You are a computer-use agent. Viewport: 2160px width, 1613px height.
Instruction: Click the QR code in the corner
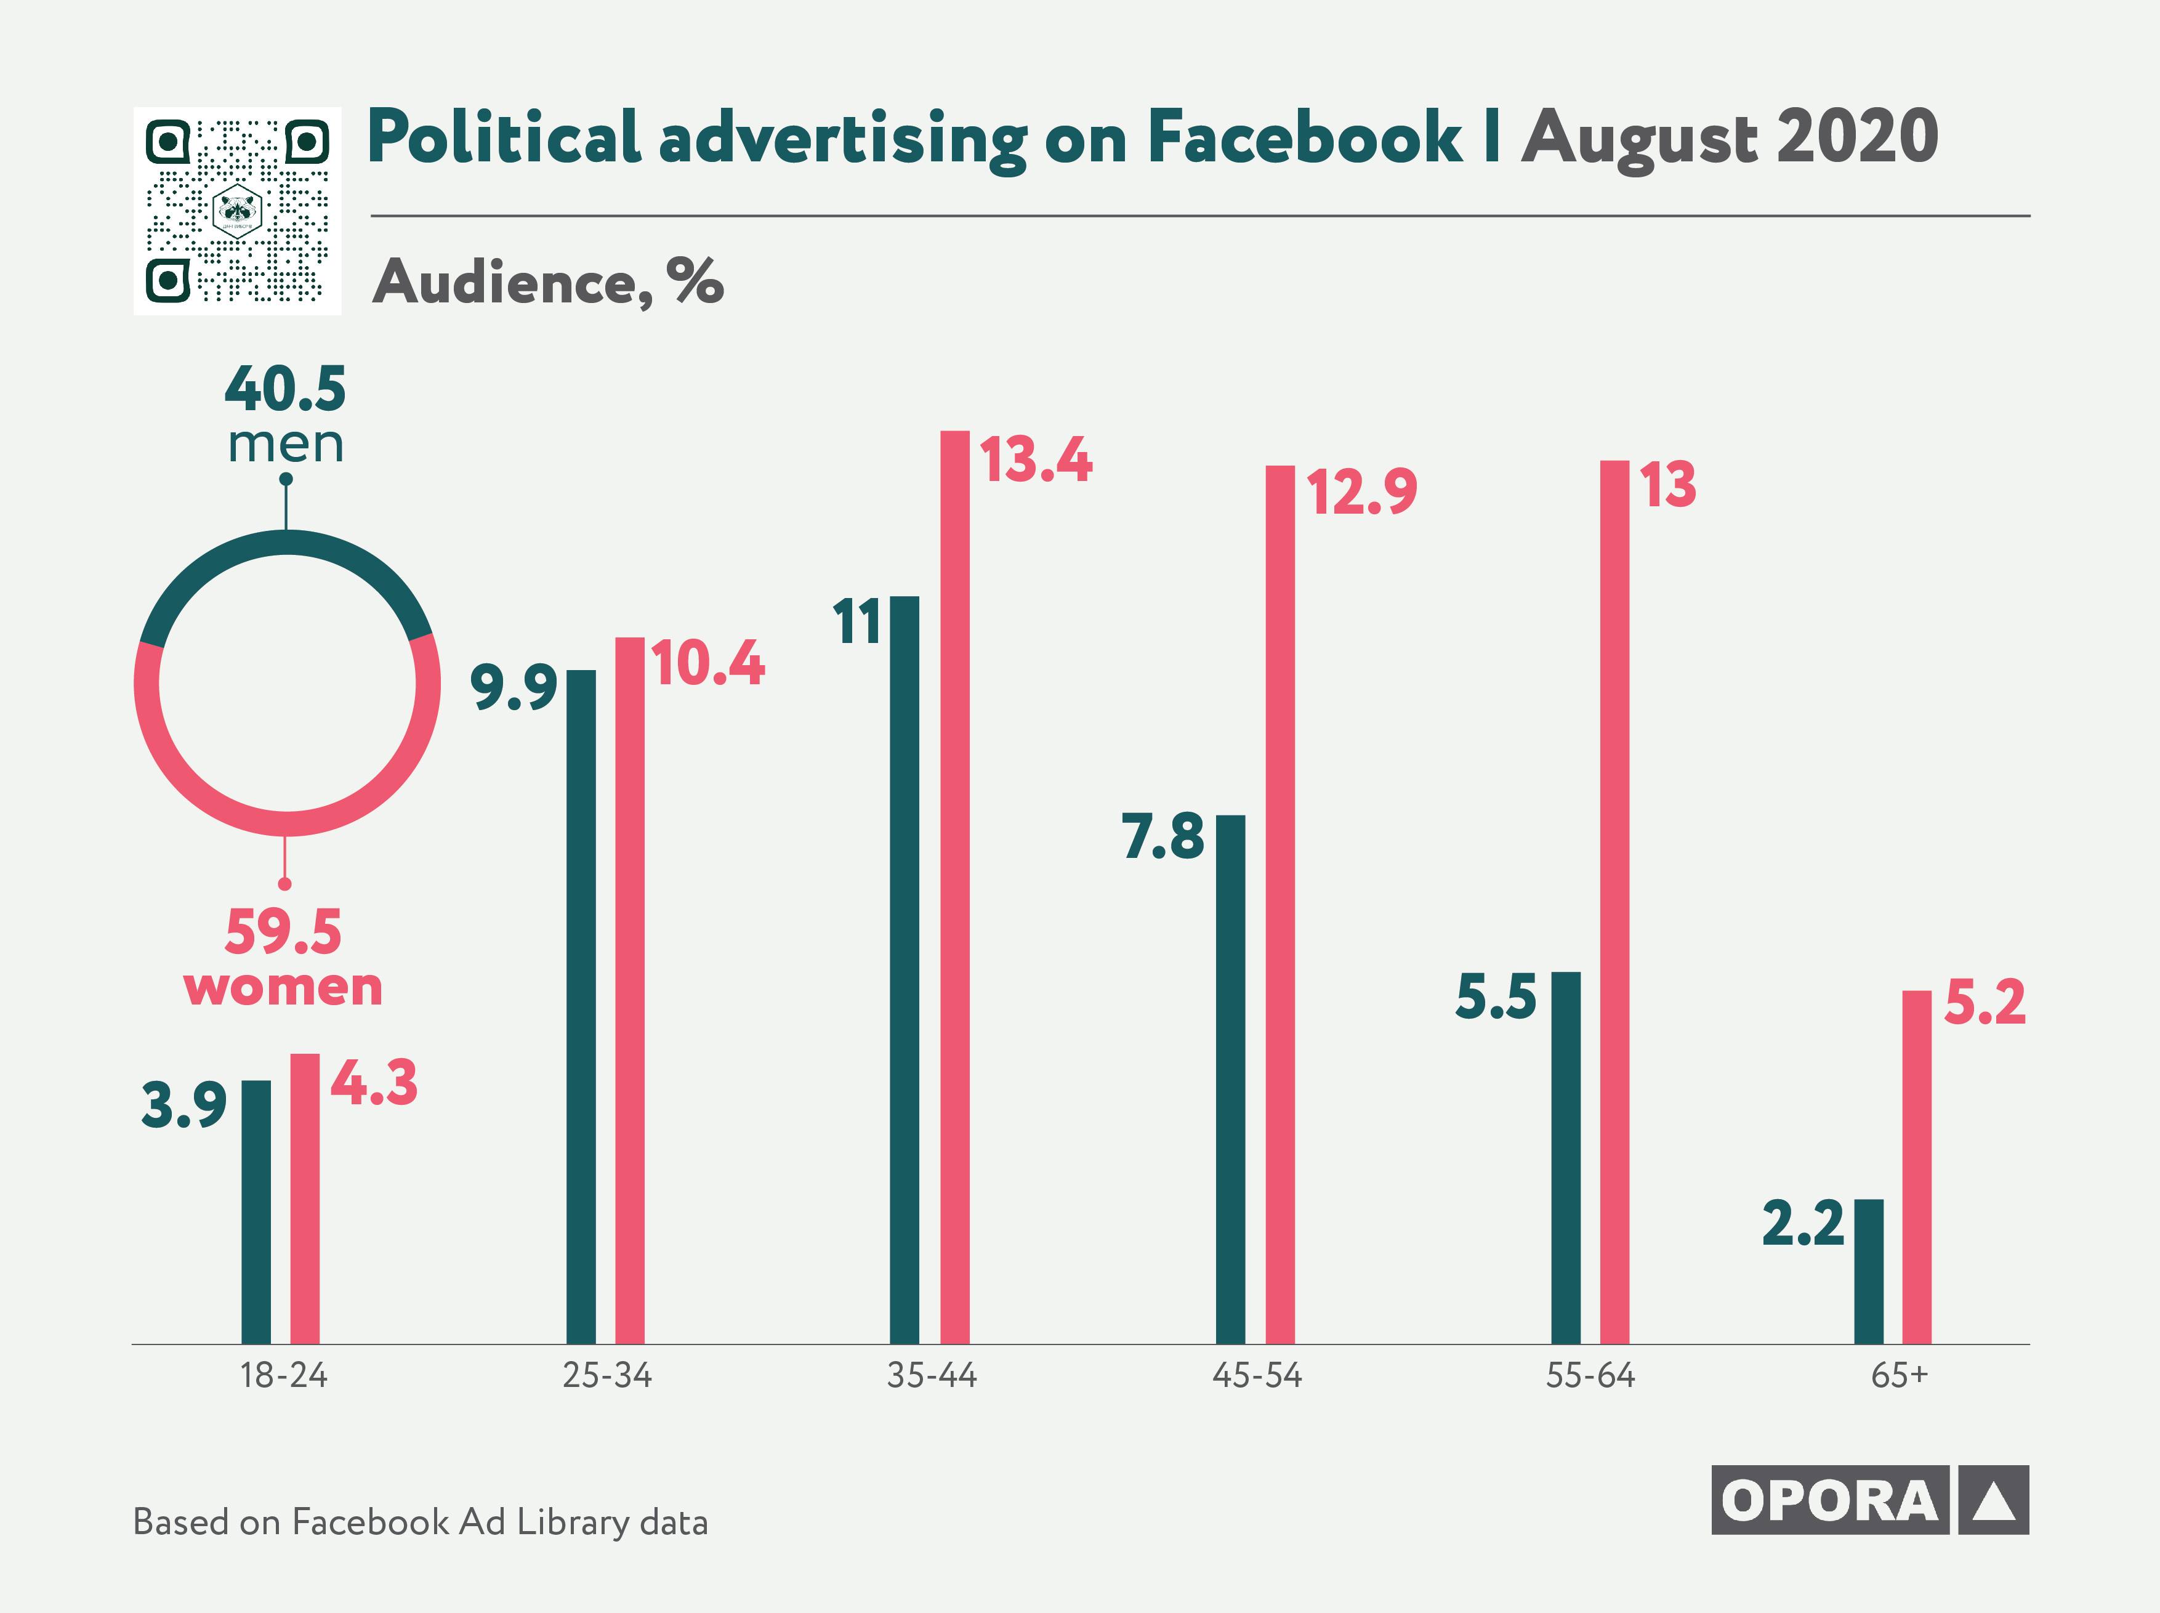pos(237,211)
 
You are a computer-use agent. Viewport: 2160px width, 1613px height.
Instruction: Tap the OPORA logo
pos(1869,1500)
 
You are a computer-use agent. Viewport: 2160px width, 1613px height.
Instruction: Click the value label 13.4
pos(1036,460)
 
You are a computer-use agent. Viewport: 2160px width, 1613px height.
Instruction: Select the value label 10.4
pos(709,664)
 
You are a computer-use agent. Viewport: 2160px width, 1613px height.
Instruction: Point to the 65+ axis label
pos(1900,1376)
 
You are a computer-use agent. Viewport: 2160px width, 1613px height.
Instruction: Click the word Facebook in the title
pos(1304,138)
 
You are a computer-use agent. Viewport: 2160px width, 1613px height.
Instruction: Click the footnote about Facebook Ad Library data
pos(420,1522)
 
